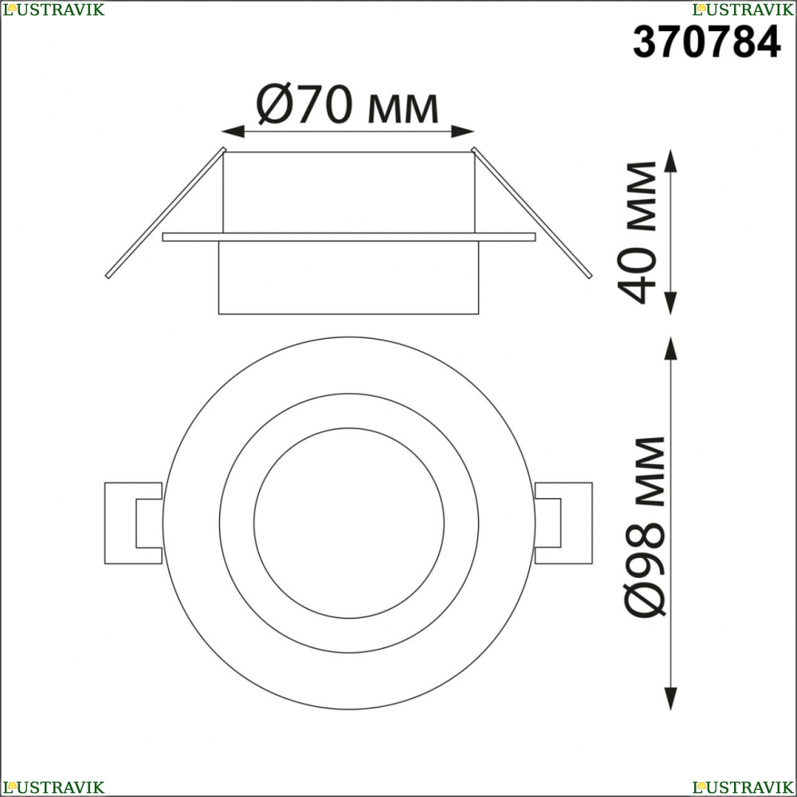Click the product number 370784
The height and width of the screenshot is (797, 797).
706,41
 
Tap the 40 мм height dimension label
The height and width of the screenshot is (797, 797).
637,232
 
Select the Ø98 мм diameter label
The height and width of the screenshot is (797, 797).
644,526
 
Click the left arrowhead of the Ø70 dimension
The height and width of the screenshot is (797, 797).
234,132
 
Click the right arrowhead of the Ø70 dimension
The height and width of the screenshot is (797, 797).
462,132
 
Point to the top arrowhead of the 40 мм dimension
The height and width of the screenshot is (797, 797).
671,161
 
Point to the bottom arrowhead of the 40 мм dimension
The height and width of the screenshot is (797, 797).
671,303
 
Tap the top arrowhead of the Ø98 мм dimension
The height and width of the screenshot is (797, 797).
671,348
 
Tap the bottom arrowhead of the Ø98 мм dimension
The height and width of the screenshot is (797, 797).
671,698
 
